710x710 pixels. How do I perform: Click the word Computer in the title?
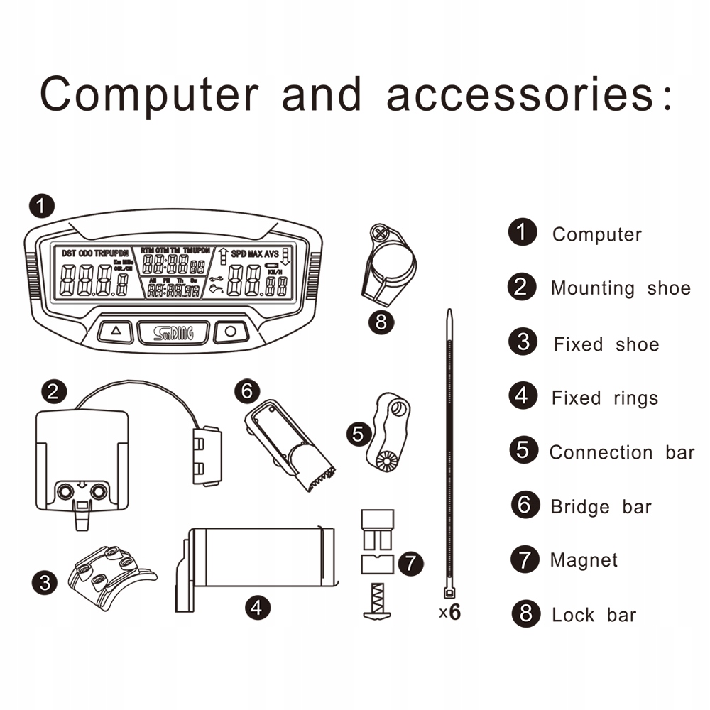pos(149,94)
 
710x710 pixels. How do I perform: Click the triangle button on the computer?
pos(117,331)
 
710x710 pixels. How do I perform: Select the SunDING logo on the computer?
pos(173,332)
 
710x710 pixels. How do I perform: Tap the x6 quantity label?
pos(449,612)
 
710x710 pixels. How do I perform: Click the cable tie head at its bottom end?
pos(449,593)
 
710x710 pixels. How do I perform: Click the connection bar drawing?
pos(387,432)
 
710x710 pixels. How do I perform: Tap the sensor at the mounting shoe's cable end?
pos(207,454)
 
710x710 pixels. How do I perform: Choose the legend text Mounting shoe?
pos(620,288)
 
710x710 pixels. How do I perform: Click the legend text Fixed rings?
pos(604,398)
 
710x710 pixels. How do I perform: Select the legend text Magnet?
pos(584,560)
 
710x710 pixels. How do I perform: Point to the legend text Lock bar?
pos(594,615)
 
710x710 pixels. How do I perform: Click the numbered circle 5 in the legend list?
pos(523,450)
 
